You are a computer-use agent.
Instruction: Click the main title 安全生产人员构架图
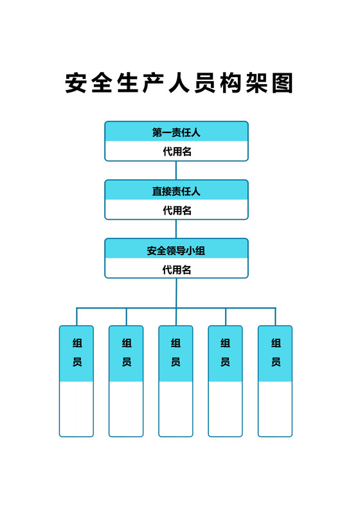pos(179,84)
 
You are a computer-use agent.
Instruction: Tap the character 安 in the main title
pos(77,84)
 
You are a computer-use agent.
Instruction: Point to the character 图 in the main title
pos(282,84)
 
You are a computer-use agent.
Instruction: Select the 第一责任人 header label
pos(176,132)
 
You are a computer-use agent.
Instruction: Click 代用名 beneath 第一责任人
pos(176,152)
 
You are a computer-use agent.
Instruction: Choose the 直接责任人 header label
pos(176,191)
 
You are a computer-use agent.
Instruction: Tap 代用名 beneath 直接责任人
pos(176,210)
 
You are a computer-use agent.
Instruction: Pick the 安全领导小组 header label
pos(176,250)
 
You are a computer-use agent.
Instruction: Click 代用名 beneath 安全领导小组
pos(176,269)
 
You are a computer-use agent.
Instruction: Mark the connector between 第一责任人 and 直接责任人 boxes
pos(176,170)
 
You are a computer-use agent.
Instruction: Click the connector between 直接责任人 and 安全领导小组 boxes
pos(176,229)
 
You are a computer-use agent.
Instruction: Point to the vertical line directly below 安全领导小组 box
pos(176,292)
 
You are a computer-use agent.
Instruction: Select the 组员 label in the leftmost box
pos(76,353)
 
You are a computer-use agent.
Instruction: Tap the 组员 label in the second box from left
pos(126,353)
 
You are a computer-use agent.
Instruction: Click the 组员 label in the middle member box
pos(175,353)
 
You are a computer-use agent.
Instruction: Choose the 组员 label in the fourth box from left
pos(225,353)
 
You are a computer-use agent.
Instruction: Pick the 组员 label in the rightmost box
pos(275,353)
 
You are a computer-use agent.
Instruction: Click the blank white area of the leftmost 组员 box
pos(76,409)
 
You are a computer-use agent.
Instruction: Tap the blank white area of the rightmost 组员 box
pos(275,409)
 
